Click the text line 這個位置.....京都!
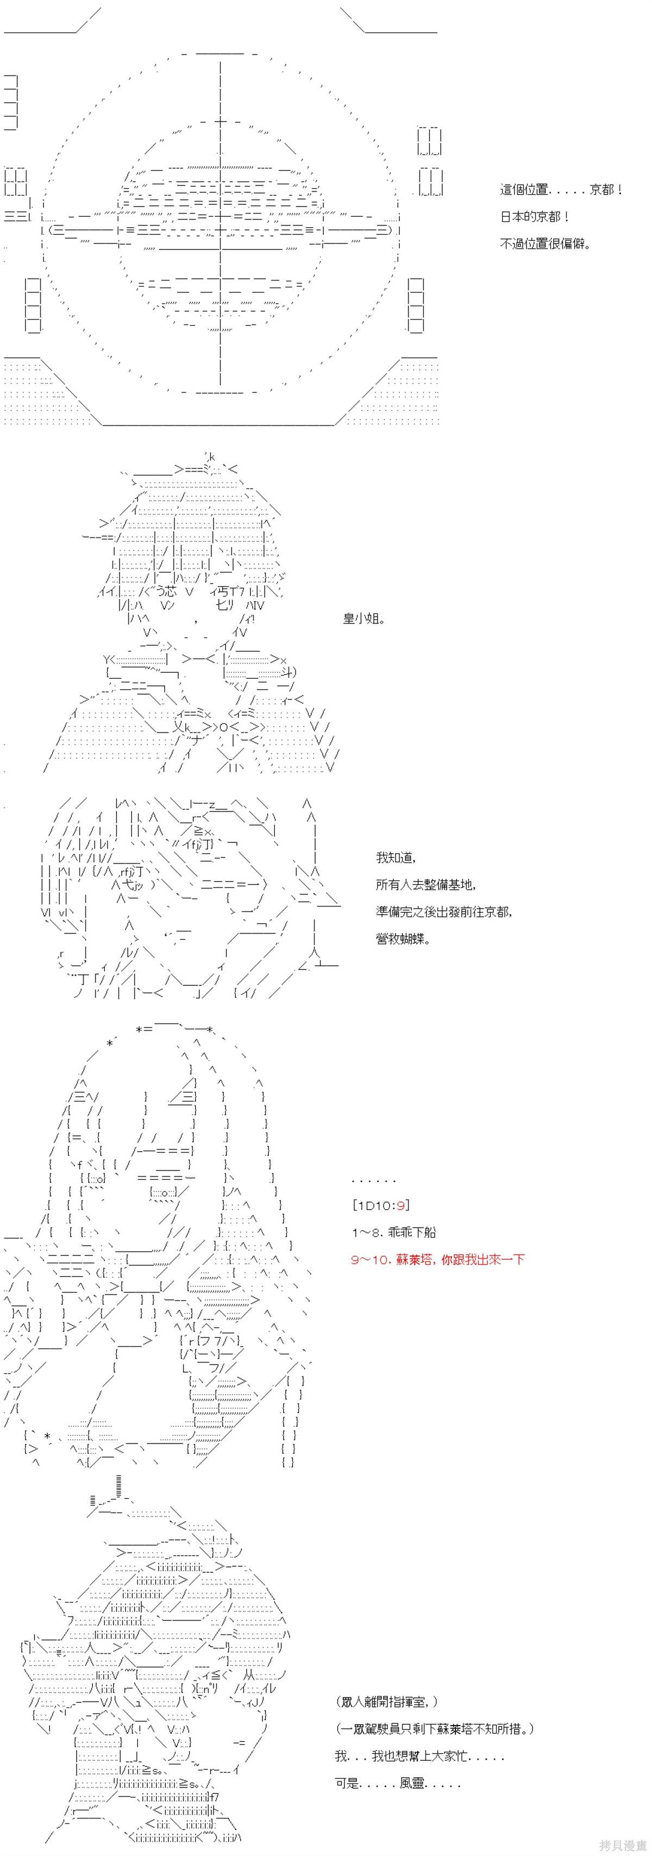(561, 190)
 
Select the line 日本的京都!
(535, 217)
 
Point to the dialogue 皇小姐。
(364, 618)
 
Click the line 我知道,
(396, 858)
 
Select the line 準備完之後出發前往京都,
(444, 911)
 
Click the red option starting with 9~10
(438, 1259)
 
